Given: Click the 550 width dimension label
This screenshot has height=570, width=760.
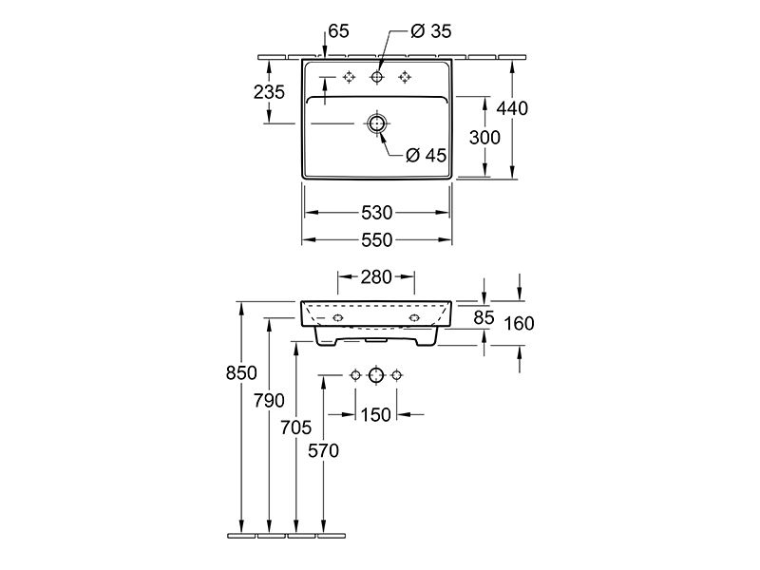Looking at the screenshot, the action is (376, 240).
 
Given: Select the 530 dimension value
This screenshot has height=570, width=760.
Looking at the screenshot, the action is (376, 212).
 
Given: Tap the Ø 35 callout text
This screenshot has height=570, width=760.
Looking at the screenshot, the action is (431, 31).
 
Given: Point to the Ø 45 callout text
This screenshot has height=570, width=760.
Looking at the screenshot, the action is (426, 155).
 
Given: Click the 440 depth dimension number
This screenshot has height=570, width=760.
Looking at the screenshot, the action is (512, 108).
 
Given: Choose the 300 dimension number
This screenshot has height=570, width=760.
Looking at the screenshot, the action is (484, 138).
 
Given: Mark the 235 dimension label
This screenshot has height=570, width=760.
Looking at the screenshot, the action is (269, 91).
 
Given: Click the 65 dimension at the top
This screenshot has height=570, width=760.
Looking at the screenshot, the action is (338, 31).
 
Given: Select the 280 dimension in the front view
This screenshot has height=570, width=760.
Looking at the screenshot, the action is (376, 276).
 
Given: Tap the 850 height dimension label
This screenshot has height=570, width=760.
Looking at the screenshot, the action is (241, 372).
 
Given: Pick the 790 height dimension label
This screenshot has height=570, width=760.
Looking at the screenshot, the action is (269, 400).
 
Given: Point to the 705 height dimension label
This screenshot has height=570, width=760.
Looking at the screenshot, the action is (296, 427).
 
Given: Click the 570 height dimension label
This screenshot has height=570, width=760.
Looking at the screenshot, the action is (323, 450).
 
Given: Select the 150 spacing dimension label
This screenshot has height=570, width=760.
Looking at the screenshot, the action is (375, 415).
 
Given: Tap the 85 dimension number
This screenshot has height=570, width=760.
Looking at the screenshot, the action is (484, 317).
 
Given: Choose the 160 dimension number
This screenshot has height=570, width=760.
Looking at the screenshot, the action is (519, 323).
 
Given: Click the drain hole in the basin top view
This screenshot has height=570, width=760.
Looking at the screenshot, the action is (376, 123).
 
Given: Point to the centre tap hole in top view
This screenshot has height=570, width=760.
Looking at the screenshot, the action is (376, 77).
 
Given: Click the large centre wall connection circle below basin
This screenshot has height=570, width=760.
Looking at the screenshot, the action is (376, 375).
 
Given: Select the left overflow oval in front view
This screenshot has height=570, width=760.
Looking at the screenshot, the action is (338, 318).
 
